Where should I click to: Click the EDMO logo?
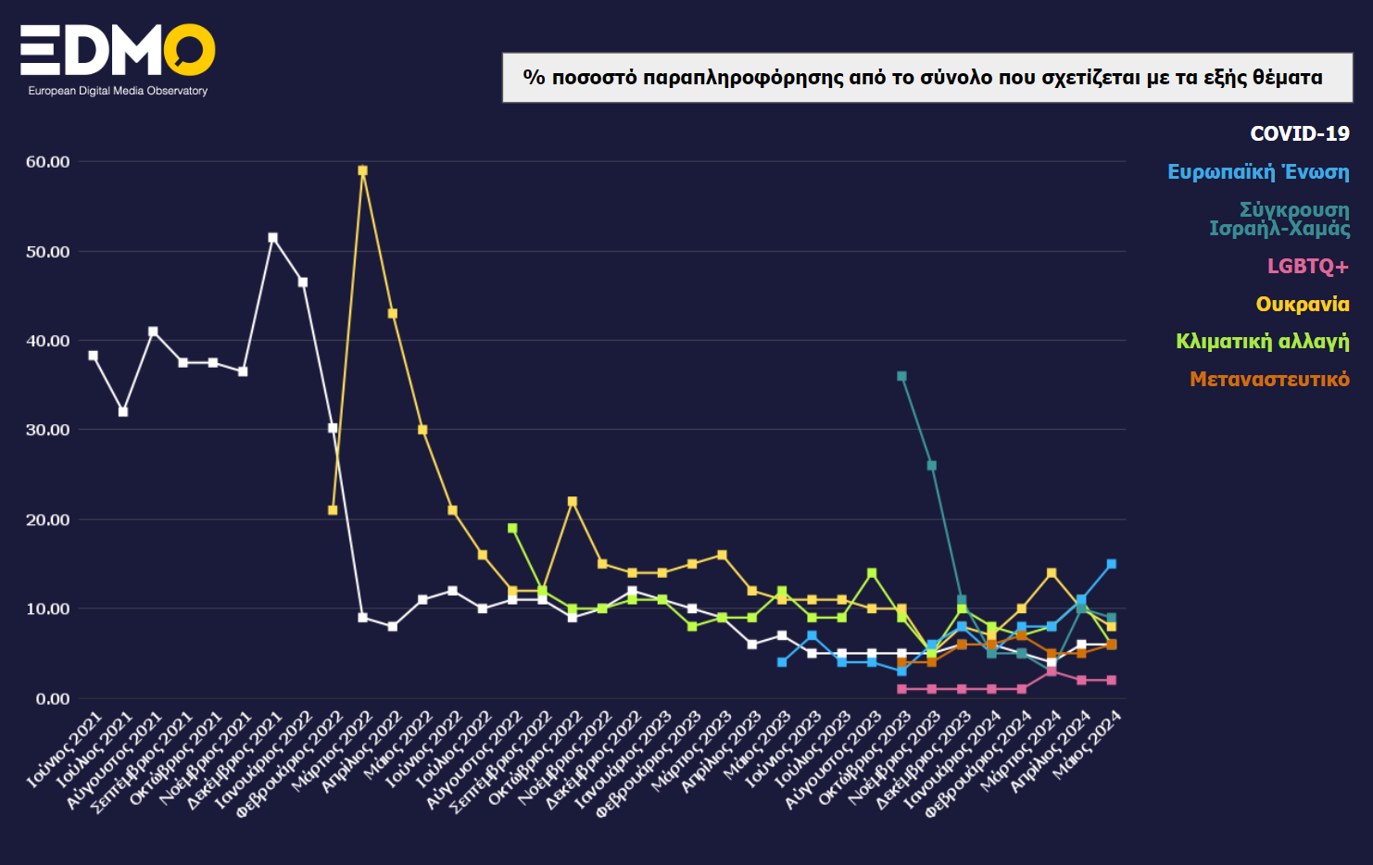click(118, 50)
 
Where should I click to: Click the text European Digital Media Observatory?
click(118, 91)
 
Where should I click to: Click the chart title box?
click(926, 78)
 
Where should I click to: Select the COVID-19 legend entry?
click(1299, 134)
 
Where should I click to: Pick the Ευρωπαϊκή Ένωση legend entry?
click(1257, 172)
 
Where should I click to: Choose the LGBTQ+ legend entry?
click(1307, 267)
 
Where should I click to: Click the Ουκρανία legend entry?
click(1302, 305)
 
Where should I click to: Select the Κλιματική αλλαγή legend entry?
click(1262, 342)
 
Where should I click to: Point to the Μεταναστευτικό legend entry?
click(1269, 380)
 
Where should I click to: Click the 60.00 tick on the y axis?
click(48, 162)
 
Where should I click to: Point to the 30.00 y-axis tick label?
click(48, 430)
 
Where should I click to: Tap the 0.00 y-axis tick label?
click(53, 699)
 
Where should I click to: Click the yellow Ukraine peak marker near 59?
click(363, 170)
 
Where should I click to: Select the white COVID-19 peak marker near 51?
click(273, 238)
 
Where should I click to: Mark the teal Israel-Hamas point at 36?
click(901, 376)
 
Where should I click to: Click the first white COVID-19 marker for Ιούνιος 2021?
click(93, 356)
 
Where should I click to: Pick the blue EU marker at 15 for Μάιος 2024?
click(1111, 564)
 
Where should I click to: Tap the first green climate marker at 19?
click(512, 528)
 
